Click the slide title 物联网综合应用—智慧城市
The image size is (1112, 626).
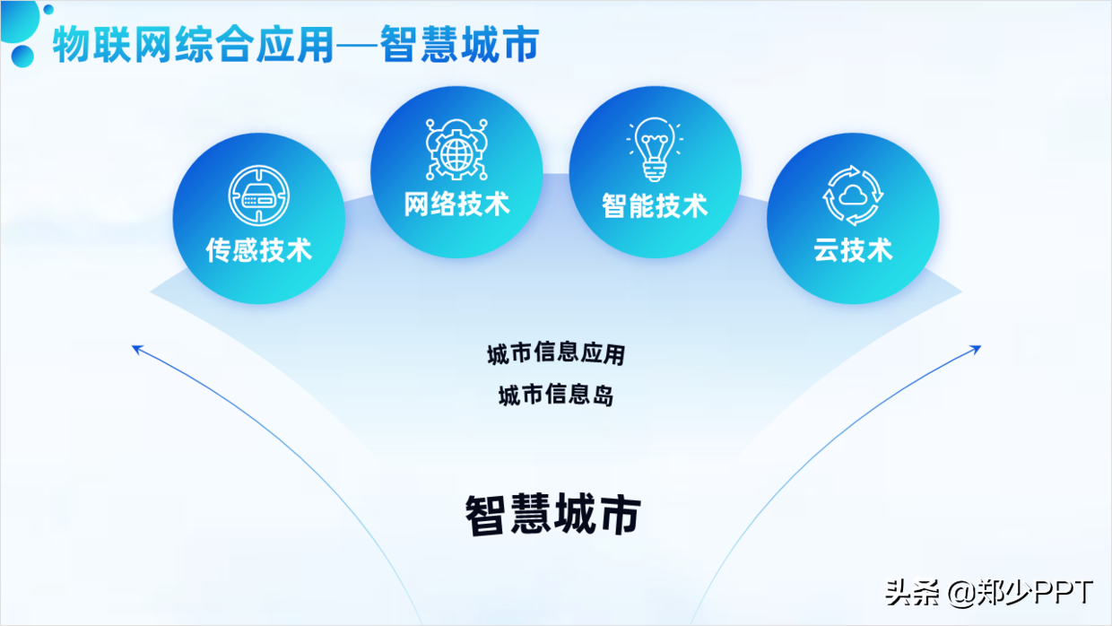[x=295, y=45]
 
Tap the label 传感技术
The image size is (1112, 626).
[x=258, y=249]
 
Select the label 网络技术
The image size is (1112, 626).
[x=456, y=204]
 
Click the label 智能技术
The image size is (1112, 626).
[x=655, y=205]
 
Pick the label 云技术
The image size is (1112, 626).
[x=853, y=249]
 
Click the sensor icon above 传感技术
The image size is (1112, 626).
[x=258, y=195]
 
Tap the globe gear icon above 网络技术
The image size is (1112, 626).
[x=456, y=147]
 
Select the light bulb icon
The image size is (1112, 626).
[x=655, y=148]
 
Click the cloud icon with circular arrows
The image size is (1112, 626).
[x=853, y=195]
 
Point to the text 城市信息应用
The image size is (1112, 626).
[x=555, y=353]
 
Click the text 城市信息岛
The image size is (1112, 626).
[x=555, y=396]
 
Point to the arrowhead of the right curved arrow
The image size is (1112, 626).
[x=977, y=348]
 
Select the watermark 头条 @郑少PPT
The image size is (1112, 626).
[x=989, y=593]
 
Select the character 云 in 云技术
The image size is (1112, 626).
[x=827, y=249]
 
